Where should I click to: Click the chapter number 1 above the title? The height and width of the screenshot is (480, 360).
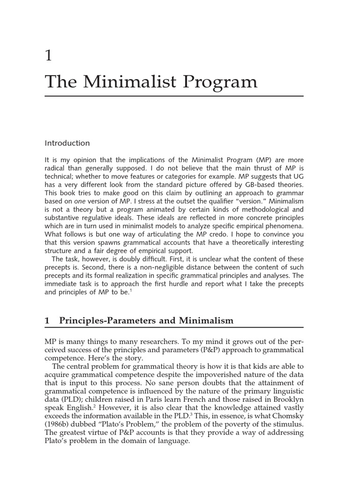(x=48, y=56)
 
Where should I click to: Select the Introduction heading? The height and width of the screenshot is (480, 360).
(x=67, y=143)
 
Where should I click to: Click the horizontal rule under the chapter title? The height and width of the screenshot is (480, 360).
(x=174, y=96)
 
